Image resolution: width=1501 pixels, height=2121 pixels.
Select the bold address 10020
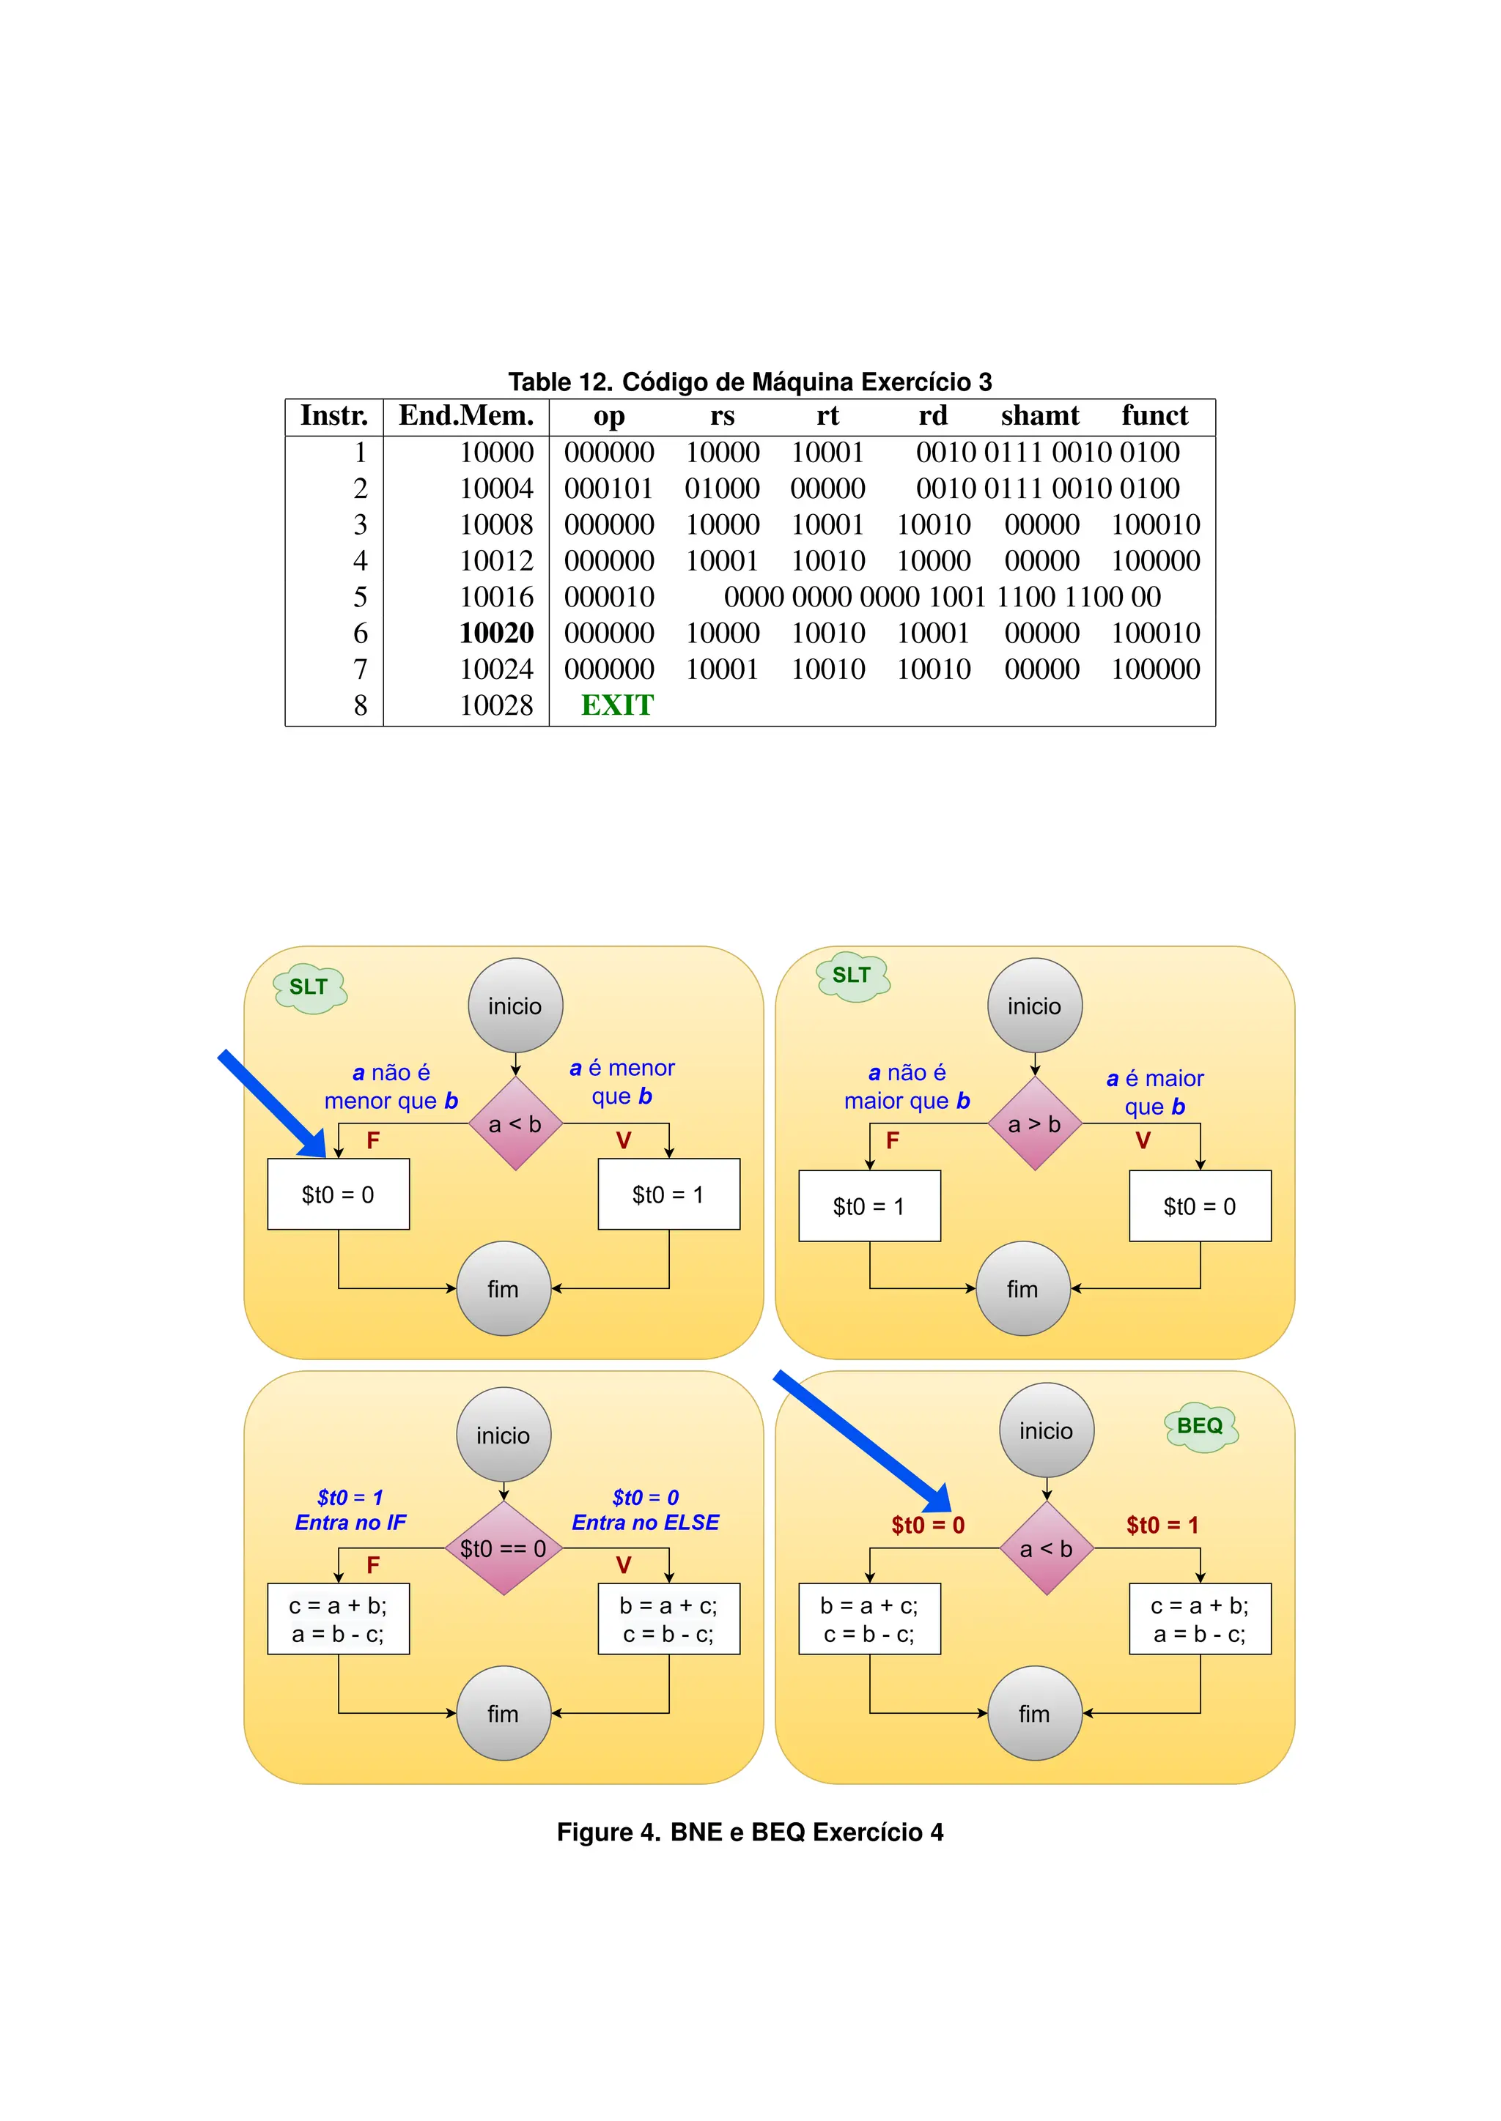tap(496, 633)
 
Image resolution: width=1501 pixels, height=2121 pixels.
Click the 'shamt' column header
tap(1040, 416)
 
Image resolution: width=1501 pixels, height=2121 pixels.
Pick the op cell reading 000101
tap(609, 488)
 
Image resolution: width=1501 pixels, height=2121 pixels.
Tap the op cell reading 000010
tap(609, 597)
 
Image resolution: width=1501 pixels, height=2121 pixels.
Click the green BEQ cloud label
tap(1200, 1426)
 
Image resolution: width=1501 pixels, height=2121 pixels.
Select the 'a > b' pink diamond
tap(1034, 1124)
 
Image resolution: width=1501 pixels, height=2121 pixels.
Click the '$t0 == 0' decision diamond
tap(503, 1548)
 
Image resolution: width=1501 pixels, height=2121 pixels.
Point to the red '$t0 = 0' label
tap(927, 1525)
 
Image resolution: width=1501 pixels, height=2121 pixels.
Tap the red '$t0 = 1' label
tap(1162, 1525)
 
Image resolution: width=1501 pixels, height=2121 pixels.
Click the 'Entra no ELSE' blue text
tap(645, 1523)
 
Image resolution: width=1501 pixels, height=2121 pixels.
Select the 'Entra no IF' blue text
tap(350, 1523)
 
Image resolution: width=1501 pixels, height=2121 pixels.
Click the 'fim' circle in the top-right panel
tap(1022, 1289)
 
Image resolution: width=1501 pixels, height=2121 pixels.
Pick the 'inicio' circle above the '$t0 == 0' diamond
tap(503, 1435)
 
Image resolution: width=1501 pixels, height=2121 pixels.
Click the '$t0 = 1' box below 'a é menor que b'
tap(668, 1195)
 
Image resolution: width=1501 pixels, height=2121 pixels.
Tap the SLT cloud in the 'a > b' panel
tap(851, 976)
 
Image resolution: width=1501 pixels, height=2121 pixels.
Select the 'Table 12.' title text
tap(559, 382)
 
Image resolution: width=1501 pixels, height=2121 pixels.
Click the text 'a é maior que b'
tap(1154, 1092)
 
